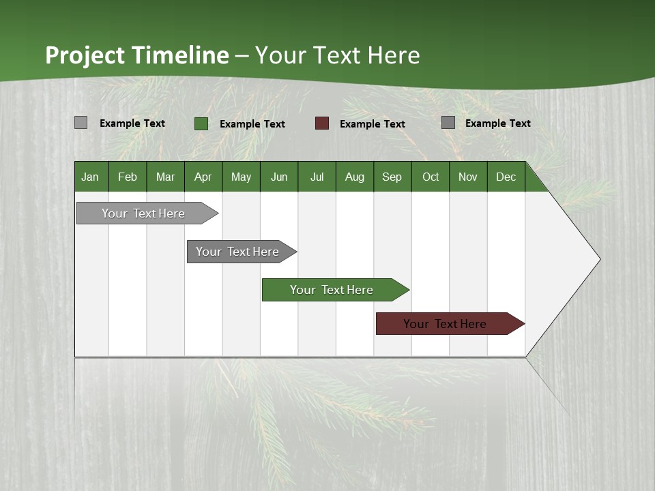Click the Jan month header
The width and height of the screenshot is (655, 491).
point(90,177)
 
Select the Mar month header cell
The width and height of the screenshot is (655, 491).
point(165,177)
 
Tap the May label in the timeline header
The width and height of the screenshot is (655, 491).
point(241,177)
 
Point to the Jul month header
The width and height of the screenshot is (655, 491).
point(317,177)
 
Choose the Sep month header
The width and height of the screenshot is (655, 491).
point(392,177)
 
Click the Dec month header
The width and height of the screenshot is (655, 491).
point(506,177)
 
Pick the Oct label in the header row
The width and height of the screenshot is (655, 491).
point(431,177)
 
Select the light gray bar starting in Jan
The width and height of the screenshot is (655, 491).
point(143,213)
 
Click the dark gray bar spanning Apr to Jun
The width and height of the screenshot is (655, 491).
point(237,252)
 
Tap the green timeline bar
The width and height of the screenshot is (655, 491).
point(332,290)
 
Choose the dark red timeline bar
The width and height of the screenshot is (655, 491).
point(445,324)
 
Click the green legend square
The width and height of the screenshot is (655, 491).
point(201,123)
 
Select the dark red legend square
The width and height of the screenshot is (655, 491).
point(322,123)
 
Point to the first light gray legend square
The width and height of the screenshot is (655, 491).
point(81,123)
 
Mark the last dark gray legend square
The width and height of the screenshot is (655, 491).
point(448,123)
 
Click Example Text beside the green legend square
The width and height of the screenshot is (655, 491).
point(252,124)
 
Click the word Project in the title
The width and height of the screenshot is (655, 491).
point(86,55)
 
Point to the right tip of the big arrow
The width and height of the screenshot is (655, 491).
point(598,259)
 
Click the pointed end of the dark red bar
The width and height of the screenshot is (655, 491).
point(523,324)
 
